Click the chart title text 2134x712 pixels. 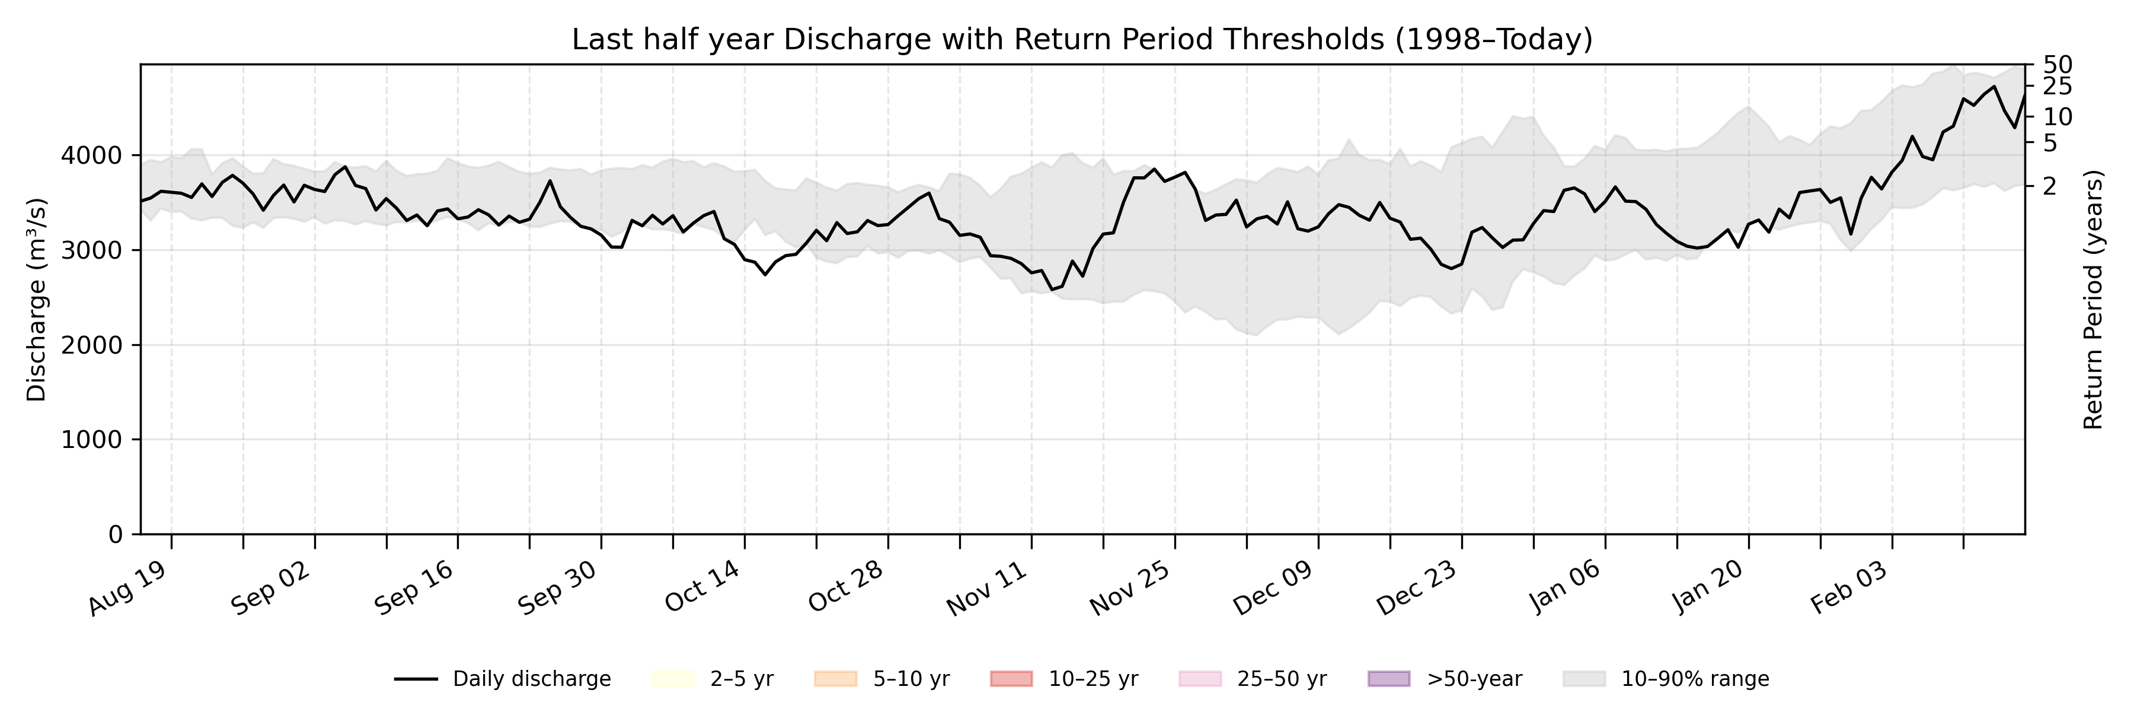pos(1082,39)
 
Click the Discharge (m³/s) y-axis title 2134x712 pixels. pos(36,299)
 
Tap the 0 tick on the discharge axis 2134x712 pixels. pos(115,535)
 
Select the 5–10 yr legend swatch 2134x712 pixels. pos(835,679)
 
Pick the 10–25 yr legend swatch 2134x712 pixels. pos(1011,679)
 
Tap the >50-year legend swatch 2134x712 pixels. pos(1388,679)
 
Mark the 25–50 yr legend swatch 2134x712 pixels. pos(1200,679)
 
